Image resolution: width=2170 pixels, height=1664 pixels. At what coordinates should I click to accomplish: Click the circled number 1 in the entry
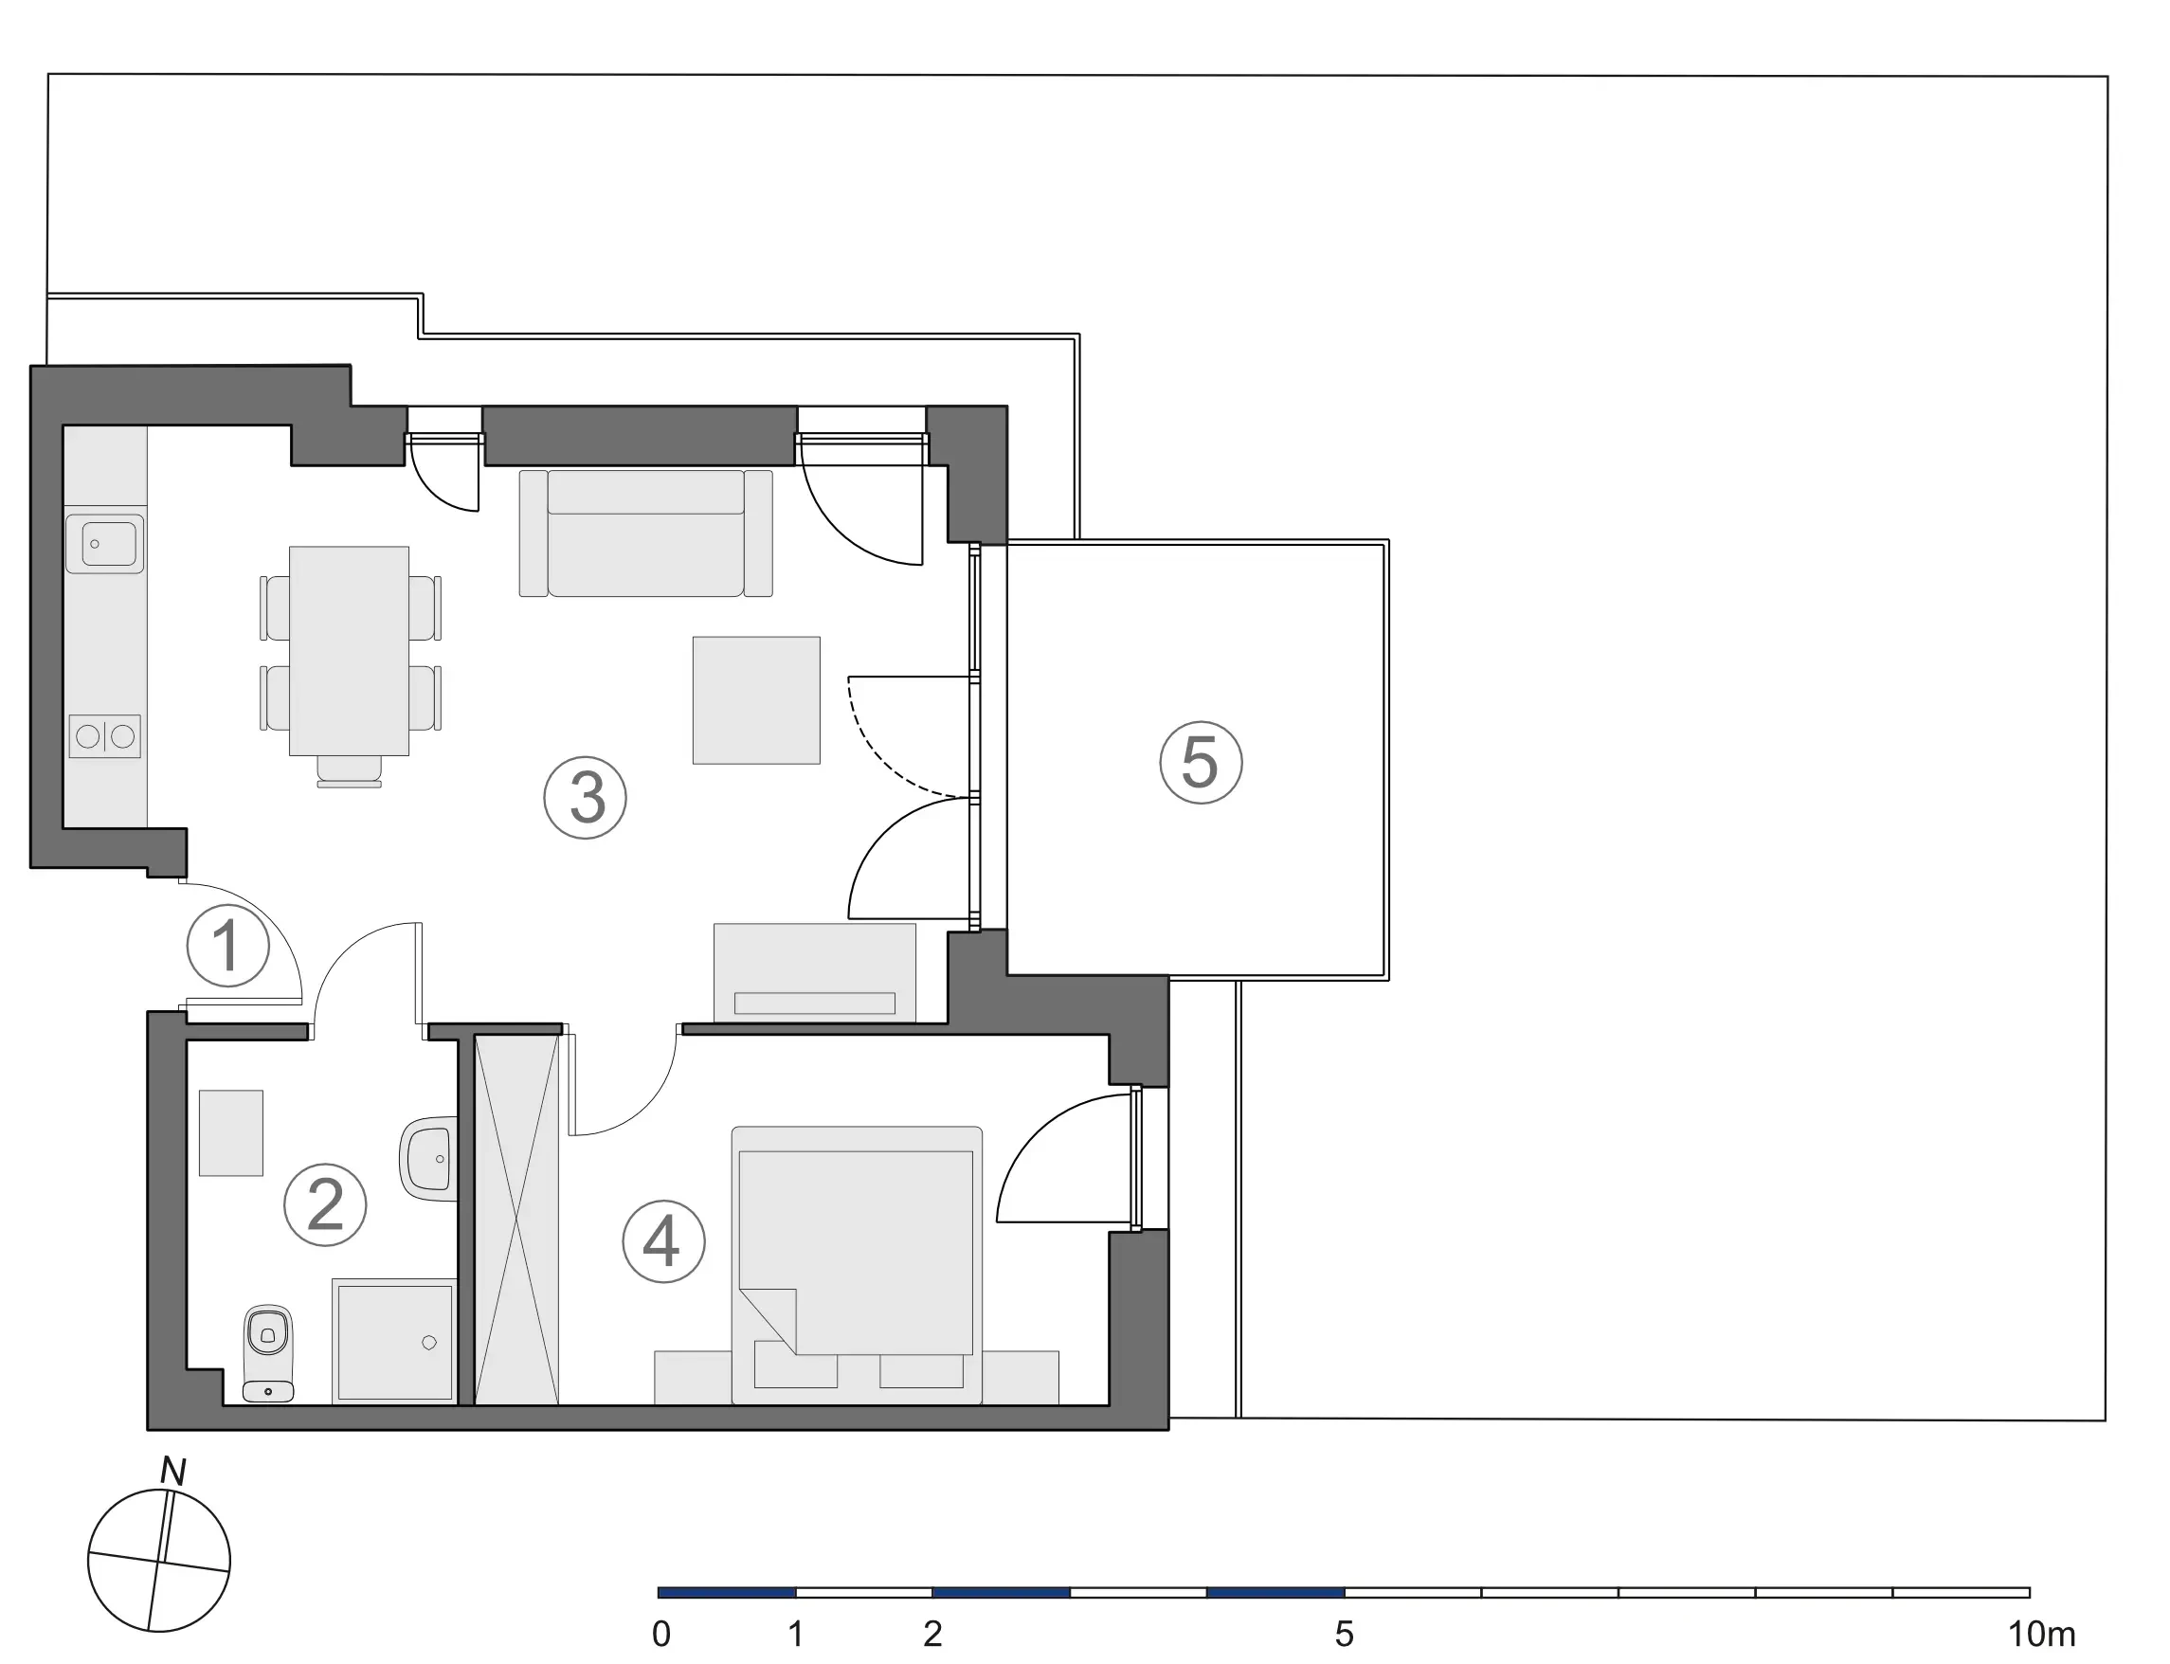pos(227,946)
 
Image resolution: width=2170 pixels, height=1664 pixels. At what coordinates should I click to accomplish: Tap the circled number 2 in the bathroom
pos(325,1205)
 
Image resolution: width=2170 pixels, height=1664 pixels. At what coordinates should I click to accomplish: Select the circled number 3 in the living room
pos(586,798)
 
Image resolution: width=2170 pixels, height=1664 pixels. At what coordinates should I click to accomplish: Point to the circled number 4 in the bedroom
pos(663,1241)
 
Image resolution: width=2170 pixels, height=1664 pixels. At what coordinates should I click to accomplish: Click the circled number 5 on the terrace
pos(1201,763)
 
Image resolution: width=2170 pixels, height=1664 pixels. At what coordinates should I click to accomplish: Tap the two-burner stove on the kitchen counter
pos(105,736)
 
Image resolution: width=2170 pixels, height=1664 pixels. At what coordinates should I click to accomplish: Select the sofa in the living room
pos(645,533)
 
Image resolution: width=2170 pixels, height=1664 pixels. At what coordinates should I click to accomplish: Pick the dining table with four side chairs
pos(350,651)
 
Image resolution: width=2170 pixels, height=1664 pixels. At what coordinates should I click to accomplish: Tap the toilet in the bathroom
pos(268,1353)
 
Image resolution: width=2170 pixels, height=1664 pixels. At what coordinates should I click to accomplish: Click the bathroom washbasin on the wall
pos(429,1159)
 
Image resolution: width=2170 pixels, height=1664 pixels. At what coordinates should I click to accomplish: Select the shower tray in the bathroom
pos(394,1341)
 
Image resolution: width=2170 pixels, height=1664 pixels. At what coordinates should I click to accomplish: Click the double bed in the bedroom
pos(857,1265)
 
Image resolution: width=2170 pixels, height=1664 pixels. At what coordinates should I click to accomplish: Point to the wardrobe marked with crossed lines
pos(516,1220)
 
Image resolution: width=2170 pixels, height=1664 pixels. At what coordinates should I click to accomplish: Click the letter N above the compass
pos(173,1472)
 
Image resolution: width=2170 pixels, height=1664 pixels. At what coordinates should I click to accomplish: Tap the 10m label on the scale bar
pos(2041,1634)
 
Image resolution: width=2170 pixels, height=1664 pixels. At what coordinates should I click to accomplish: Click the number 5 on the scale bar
pos(1344,1634)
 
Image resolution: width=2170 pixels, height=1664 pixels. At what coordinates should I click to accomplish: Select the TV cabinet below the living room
pos(815,972)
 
